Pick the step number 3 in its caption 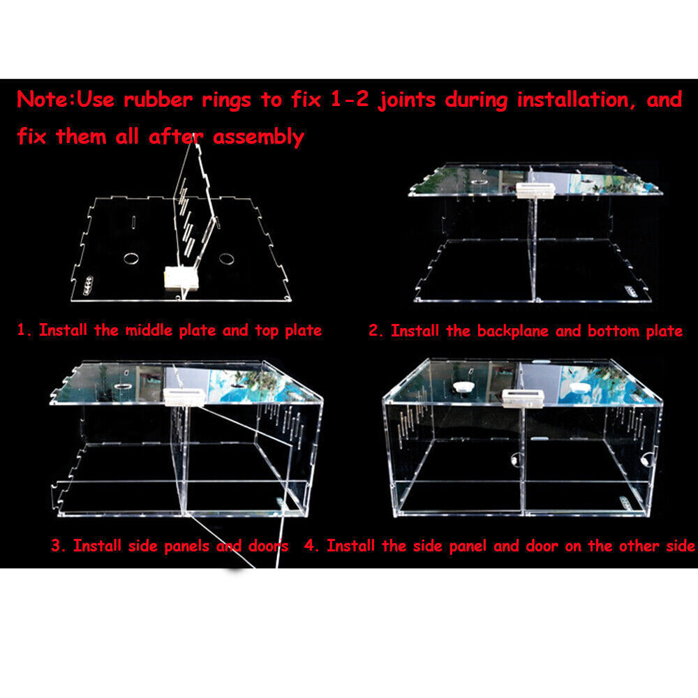[56, 545]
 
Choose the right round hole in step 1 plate [225, 259]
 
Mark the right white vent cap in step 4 [578, 386]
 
